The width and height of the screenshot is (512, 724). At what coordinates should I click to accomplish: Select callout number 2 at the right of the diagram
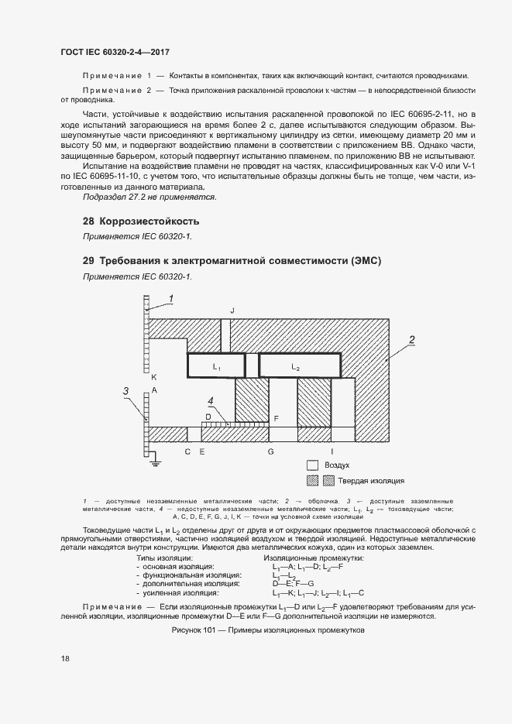coord(413,339)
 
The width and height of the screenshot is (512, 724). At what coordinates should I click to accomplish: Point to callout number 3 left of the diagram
coord(125,391)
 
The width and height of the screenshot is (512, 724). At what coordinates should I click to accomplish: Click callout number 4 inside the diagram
coord(210,400)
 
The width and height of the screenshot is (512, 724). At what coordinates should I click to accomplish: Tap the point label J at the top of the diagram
coord(232,310)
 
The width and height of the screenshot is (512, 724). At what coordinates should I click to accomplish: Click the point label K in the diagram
coord(154,376)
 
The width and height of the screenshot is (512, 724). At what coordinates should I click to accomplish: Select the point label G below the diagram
coord(270,451)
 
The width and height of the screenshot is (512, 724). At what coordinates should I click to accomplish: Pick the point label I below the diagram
coord(332,451)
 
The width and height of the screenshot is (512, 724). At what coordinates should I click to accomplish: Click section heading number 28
coord(88,221)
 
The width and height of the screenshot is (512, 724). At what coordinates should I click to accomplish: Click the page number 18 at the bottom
coord(66,659)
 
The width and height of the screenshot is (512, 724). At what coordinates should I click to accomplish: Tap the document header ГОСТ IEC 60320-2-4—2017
coord(115,52)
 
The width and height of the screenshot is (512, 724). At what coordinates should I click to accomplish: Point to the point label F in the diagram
coord(276,418)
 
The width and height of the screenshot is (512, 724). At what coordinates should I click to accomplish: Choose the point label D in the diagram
coord(207,416)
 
